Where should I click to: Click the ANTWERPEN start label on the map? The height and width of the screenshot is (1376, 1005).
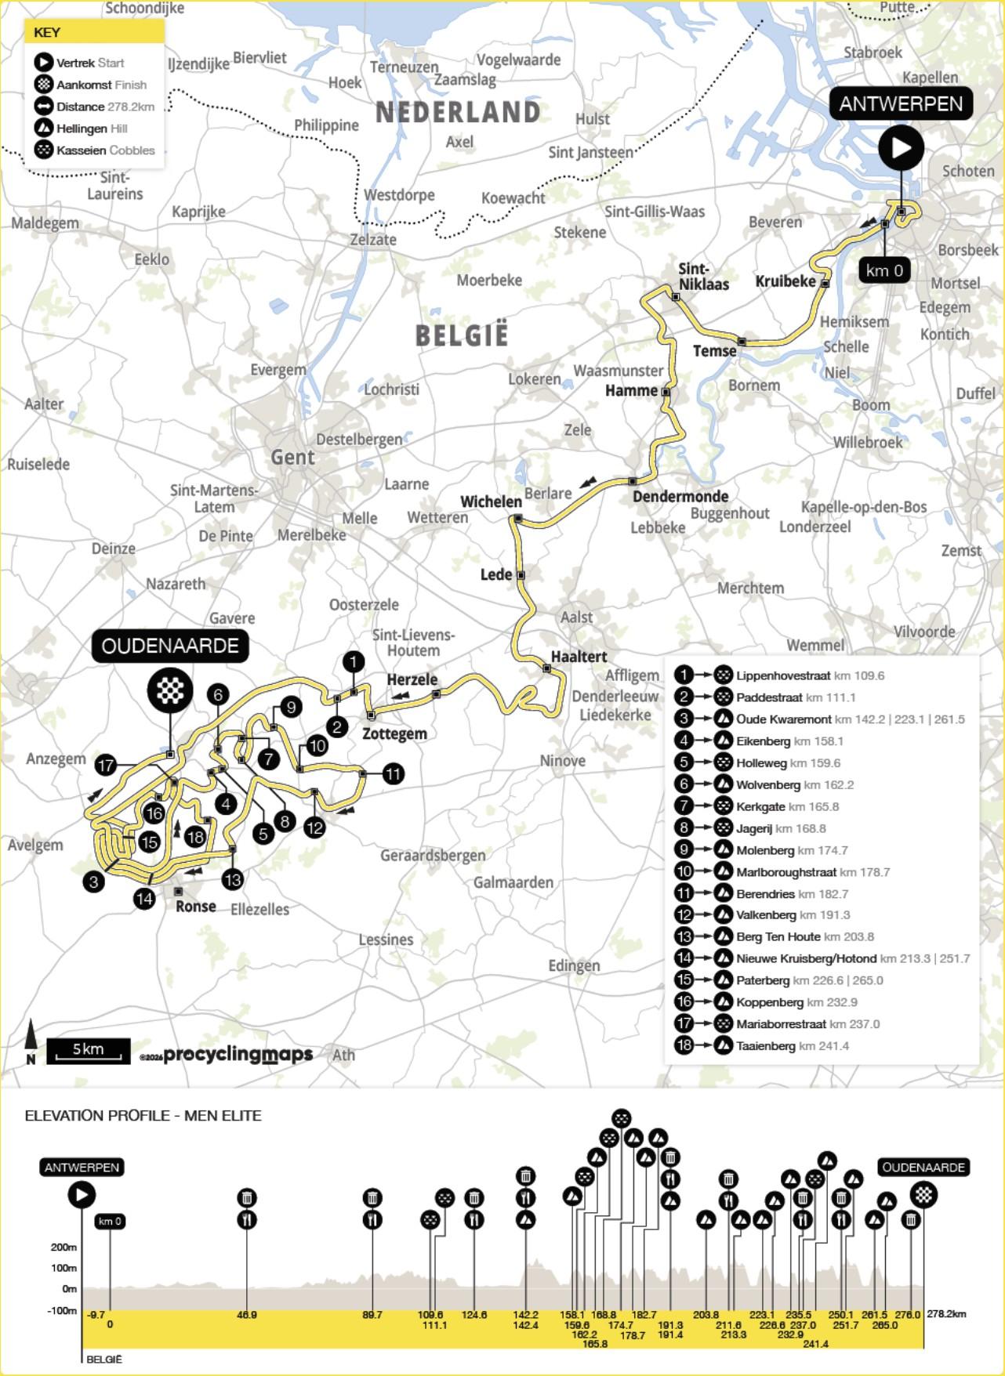901,103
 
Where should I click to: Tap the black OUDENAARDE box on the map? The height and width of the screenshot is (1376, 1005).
170,646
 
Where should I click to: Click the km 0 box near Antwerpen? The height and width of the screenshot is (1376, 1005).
884,270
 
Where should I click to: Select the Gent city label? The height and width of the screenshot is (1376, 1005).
292,458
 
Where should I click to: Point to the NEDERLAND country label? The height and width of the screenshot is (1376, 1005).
458,112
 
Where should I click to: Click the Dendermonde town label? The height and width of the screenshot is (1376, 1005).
680,496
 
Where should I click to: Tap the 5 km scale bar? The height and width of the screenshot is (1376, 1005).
88,1051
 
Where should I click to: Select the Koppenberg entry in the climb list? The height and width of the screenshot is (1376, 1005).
769,1002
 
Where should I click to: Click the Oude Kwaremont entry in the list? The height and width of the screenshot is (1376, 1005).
783,719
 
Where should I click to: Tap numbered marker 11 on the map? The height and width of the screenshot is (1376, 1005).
393,774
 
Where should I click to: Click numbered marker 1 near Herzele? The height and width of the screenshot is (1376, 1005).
354,662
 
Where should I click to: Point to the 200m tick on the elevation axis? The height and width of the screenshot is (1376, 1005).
64,1247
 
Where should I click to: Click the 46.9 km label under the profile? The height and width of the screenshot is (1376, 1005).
246,1315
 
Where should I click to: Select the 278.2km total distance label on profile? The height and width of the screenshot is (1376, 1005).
946,1314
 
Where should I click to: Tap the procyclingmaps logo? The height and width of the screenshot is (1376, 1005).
238,1055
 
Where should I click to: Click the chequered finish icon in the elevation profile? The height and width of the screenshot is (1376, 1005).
923,1194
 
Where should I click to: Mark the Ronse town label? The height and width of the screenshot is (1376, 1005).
195,906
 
